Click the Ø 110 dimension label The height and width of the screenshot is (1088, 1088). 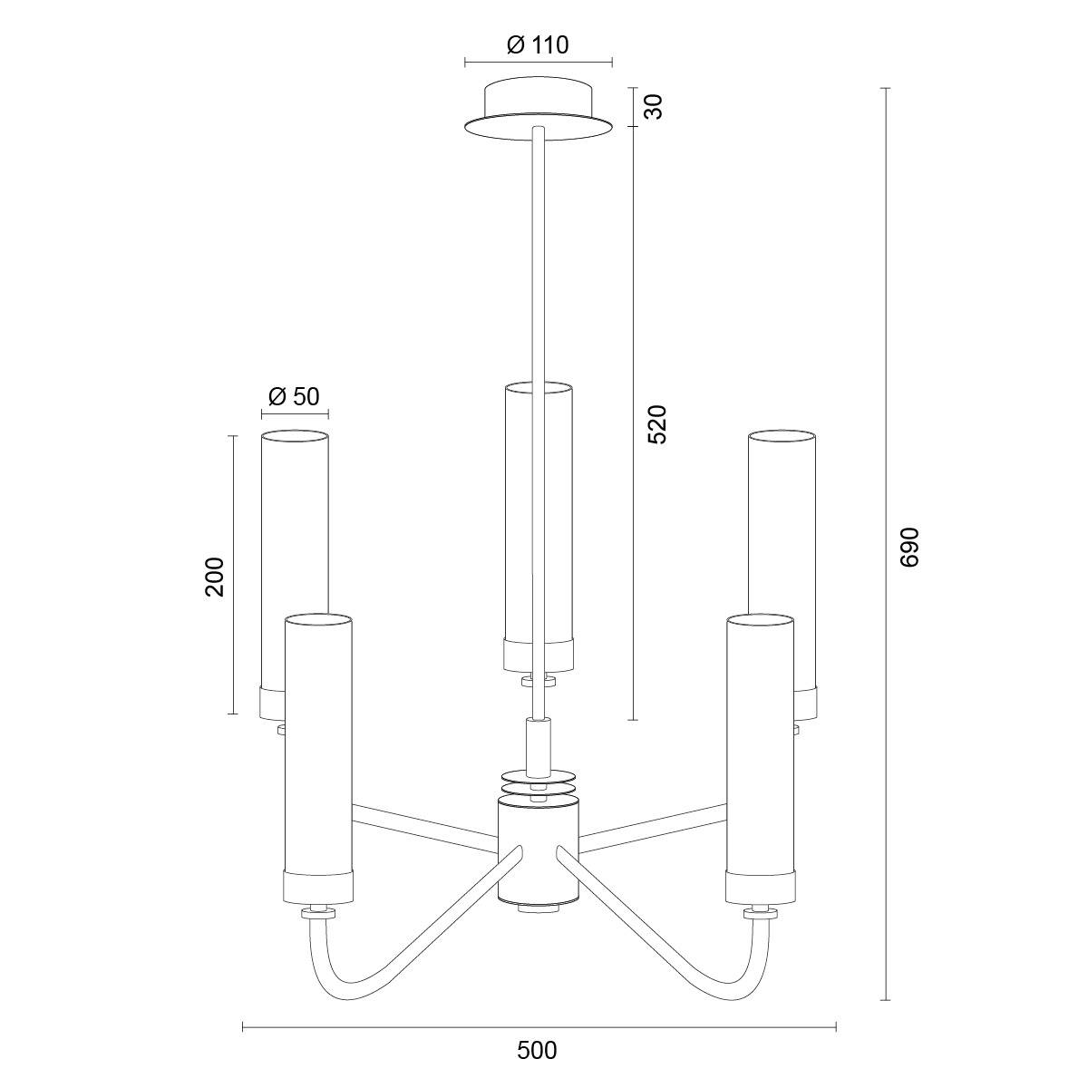(538, 45)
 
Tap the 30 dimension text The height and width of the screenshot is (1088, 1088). (654, 106)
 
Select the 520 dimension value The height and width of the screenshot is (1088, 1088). (656, 423)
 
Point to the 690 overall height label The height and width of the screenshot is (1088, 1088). (909, 547)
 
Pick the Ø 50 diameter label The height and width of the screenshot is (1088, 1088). (294, 396)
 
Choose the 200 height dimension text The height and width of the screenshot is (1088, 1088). (215, 577)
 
